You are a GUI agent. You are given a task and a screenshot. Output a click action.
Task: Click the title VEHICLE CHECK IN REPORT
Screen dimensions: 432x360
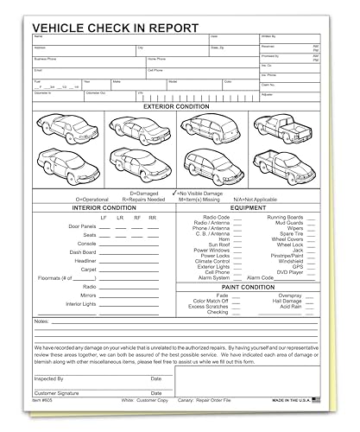114,28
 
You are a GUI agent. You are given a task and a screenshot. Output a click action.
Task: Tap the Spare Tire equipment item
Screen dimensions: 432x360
286,233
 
